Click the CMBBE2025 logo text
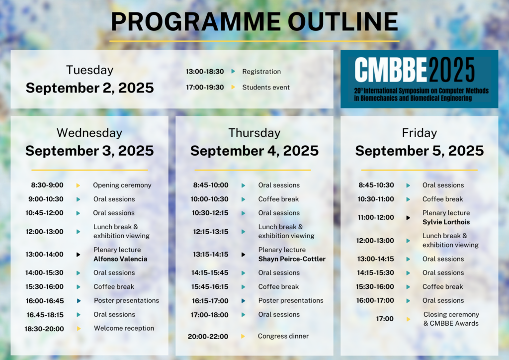415,70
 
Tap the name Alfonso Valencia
120,259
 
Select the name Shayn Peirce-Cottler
292,259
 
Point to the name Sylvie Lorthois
446,222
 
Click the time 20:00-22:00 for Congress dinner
208,337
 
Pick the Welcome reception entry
124,328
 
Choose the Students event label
266,88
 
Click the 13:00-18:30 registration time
204,72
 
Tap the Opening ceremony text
122,185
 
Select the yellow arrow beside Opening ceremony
78,185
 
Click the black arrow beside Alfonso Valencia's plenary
78,255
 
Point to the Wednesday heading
89,133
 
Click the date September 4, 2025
254,151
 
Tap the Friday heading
420,133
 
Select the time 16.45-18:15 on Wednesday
45,315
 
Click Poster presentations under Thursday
291,301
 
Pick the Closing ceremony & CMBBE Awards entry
451,319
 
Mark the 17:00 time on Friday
385,319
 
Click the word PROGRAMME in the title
196,22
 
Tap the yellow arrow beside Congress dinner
243,337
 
